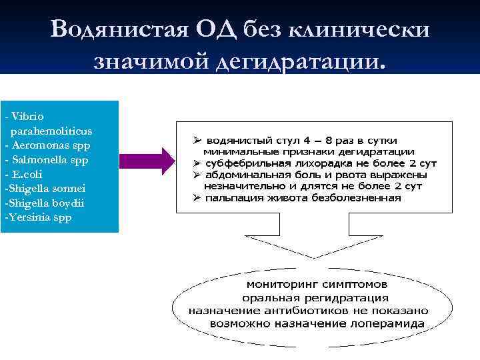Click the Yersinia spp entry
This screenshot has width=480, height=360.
(x=37, y=217)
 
